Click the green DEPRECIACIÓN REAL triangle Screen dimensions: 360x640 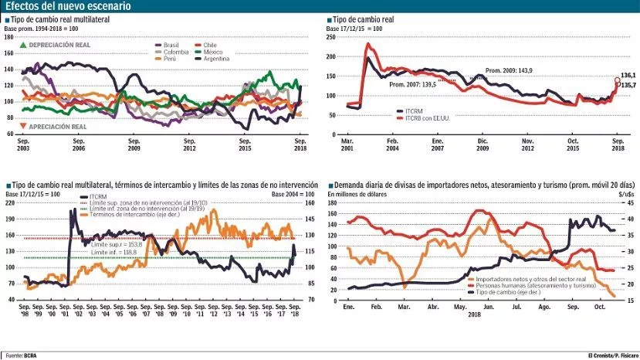point(23,46)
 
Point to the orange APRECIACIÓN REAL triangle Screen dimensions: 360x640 point(23,126)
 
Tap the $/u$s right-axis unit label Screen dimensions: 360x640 point(623,194)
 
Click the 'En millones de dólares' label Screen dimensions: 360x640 point(355,194)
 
